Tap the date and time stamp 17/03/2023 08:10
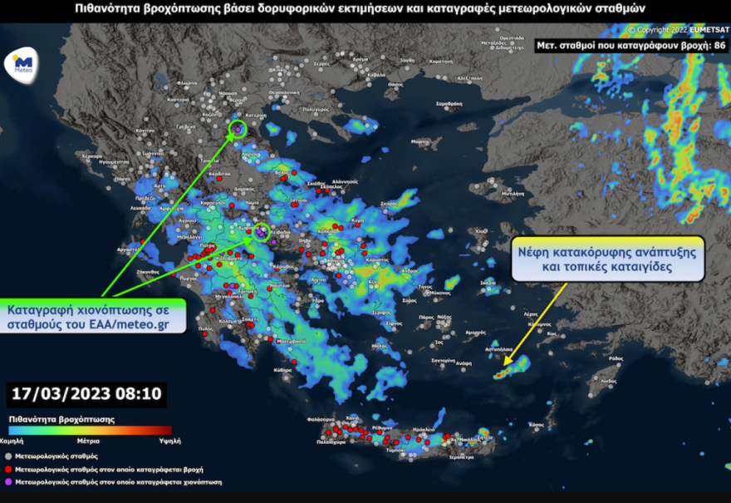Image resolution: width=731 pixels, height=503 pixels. point(86,392)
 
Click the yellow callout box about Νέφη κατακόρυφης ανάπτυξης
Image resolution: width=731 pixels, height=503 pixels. point(607,259)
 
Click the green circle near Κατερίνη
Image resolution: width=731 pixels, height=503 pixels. point(238,128)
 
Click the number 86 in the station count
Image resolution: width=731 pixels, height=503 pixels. point(720,46)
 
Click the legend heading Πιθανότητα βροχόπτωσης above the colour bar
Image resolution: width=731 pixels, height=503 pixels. point(62,419)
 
